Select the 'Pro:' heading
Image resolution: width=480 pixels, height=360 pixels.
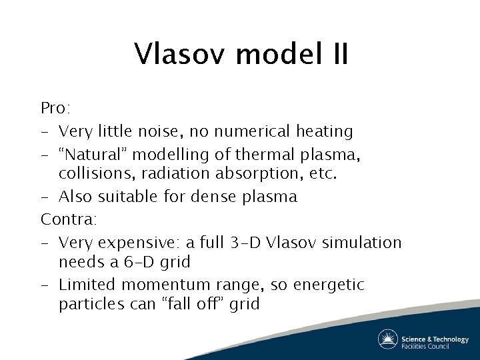[x=54, y=108]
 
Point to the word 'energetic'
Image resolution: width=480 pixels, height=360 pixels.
[x=331, y=285]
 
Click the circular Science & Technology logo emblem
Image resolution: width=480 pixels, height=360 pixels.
[x=387, y=339]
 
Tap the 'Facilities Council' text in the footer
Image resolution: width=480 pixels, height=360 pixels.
[x=425, y=346]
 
